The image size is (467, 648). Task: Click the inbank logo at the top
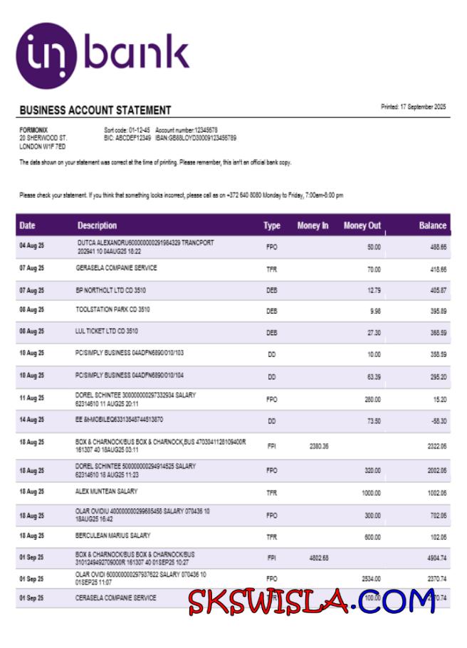tap(103, 55)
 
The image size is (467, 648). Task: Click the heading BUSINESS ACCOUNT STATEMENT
tap(95, 110)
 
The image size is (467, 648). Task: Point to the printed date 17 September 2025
tap(413, 107)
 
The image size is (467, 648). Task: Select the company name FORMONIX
tap(34, 129)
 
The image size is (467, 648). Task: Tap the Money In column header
tap(313, 226)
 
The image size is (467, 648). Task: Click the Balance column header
tap(432, 226)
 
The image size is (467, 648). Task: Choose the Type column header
tap(272, 226)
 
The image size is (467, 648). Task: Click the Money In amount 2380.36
tap(319, 446)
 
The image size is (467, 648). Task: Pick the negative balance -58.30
tap(439, 421)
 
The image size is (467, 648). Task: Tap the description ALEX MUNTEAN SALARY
tap(107, 492)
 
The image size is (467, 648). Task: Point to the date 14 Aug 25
tap(31, 420)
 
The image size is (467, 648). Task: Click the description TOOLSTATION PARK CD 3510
tap(112, 310)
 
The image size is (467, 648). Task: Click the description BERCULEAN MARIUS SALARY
tap(113, 536)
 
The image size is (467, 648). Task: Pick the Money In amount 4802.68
tap(319, 558)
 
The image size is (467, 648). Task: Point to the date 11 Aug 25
tap(31, 398)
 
